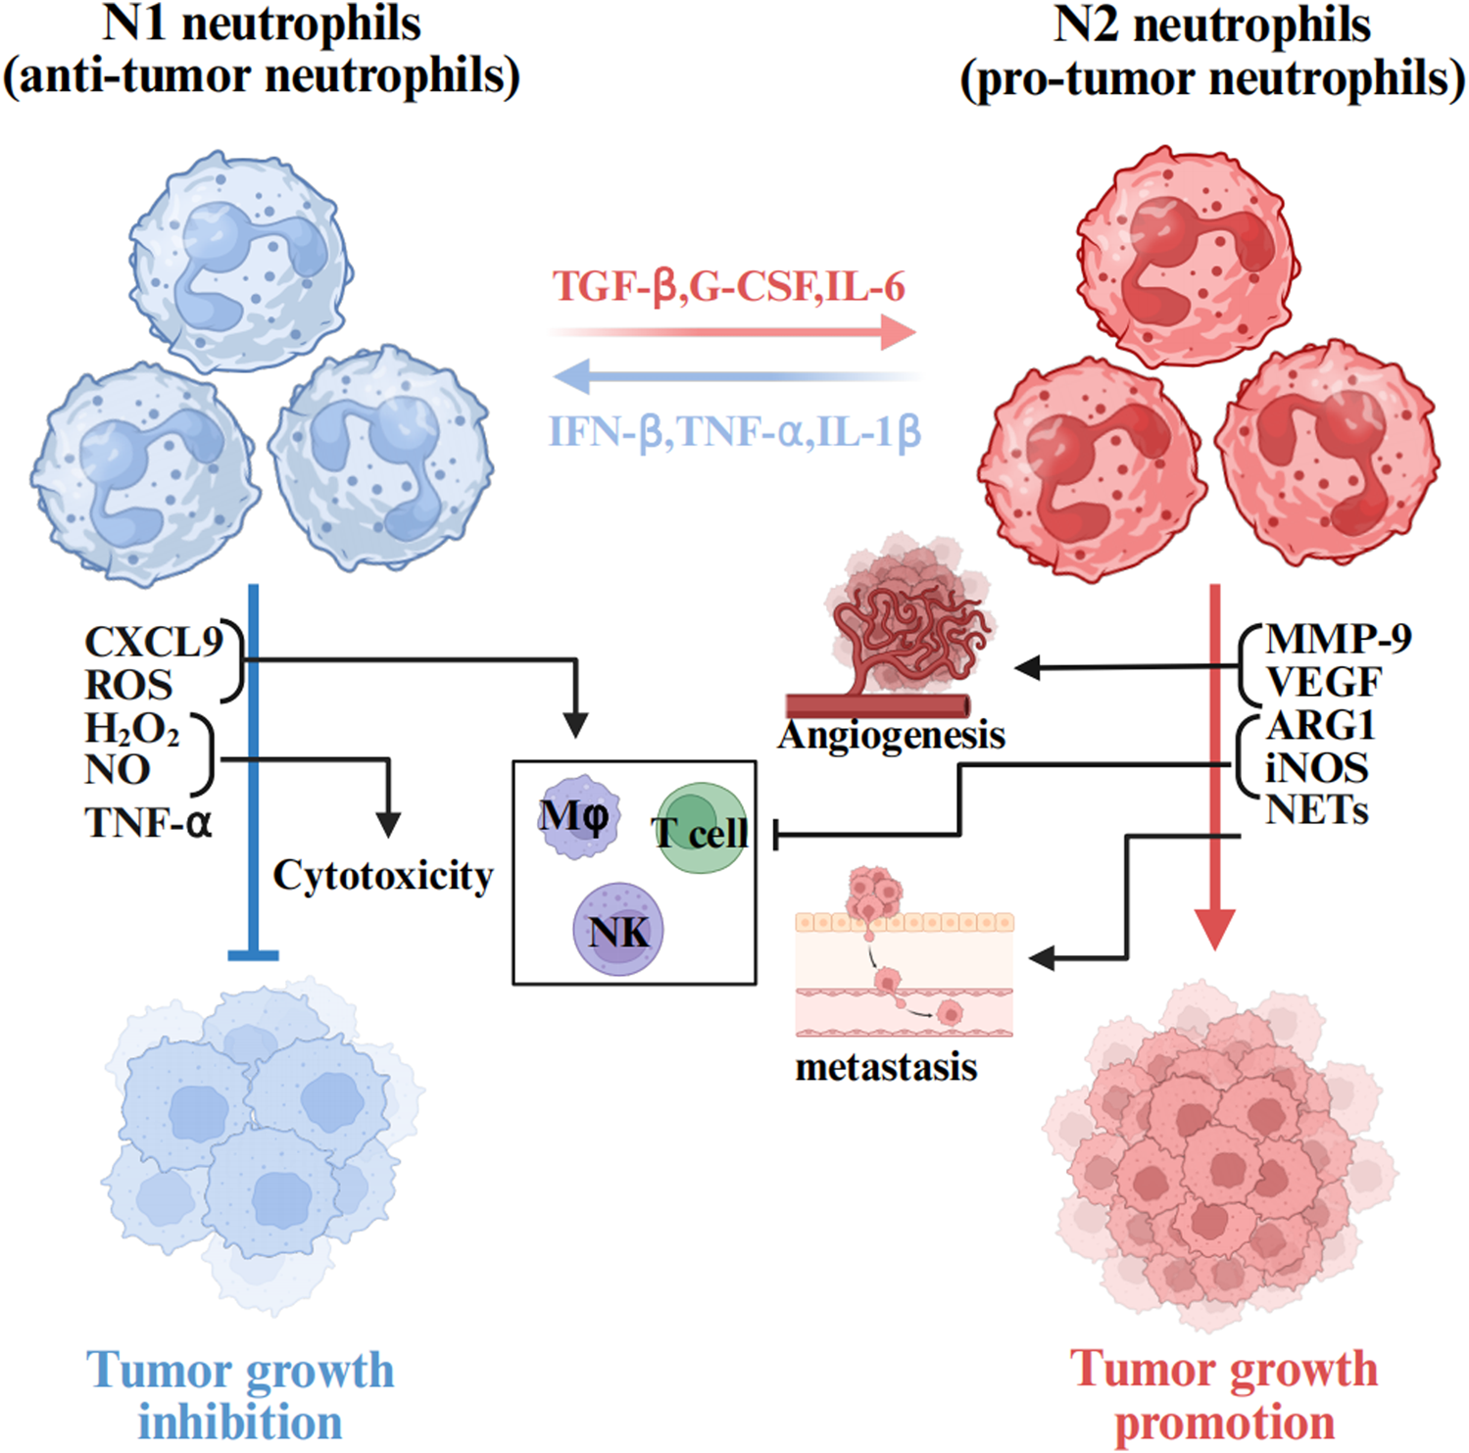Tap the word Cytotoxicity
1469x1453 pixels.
tap(382, 875)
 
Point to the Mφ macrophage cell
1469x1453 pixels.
tap(577, 815)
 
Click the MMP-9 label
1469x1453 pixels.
tap(1338, 639)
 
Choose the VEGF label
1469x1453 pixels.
tap(1323, 681)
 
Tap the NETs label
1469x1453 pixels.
tap(1316, 810)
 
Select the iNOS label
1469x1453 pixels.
tap(1316, 768)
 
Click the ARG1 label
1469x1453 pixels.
tap(1321, 725)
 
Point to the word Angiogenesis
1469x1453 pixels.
tap(891, 735)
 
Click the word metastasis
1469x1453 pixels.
tap(886, 1067)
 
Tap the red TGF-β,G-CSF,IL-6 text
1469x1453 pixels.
tap(728, 286)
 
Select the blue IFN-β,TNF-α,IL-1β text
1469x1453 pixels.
tap(734, 431)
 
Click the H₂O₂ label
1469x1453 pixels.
tap(131, 729)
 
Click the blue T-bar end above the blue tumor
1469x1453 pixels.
tap(254, 954)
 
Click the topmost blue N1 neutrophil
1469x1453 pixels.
tap(240, 261)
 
